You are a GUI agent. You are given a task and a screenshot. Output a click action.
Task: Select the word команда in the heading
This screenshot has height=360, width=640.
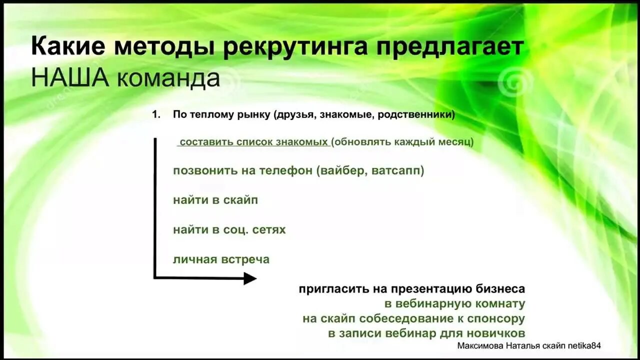(168, 79)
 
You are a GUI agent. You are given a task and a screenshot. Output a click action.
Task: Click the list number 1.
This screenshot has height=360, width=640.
(156, 114)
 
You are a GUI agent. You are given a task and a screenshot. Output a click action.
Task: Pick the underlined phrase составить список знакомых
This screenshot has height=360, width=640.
(253, 142)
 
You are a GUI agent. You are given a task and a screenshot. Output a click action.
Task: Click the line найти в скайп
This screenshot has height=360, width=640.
(215, 200)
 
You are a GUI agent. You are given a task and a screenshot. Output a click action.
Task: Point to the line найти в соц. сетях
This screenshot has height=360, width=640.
(229, 229)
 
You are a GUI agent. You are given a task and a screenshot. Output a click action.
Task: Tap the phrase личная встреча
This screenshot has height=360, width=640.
(221, 259)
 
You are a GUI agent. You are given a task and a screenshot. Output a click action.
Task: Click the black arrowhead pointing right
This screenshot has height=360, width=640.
(249, 278)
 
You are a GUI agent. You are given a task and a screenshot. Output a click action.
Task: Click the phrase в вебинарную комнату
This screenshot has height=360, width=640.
(454, 303)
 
